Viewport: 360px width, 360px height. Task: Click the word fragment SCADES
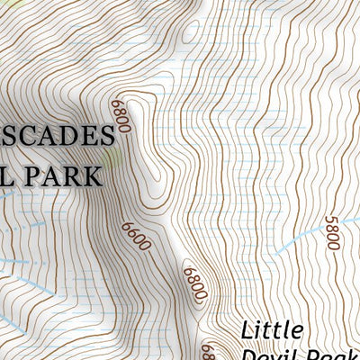[x=57, y=136]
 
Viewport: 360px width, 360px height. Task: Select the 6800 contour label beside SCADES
[x=122, y=117]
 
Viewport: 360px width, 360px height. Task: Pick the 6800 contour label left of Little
[x=195, y=284]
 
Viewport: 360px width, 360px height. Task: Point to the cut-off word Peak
[x=333, y=354]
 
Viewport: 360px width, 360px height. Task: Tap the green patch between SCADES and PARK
[x=110, y=155]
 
